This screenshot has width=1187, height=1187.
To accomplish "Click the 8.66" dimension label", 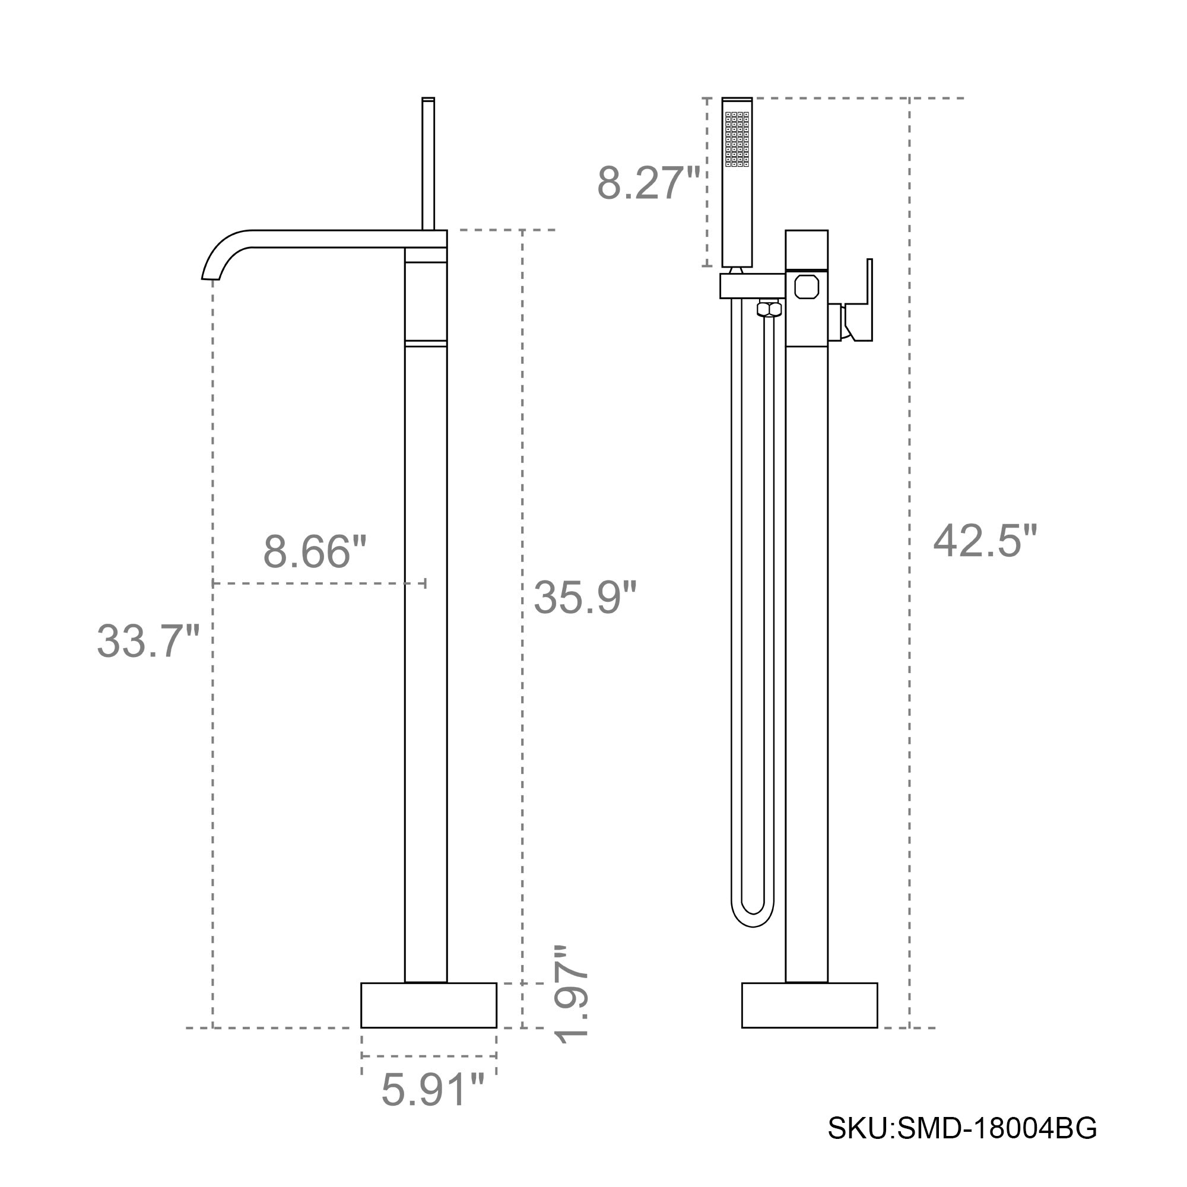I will click(315, 551).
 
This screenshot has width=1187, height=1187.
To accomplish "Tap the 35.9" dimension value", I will click(584, 596).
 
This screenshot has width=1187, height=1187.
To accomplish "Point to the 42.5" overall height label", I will click(984, 541).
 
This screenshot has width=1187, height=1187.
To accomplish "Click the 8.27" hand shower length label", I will click(648, 183).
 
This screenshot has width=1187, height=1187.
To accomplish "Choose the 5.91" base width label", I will click(433, 1090).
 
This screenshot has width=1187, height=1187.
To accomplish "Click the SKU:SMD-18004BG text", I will click(961, 1145).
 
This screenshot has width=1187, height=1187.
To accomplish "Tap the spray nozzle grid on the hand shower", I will click(737, 139).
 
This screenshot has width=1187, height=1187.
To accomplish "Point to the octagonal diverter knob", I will click(806, 287).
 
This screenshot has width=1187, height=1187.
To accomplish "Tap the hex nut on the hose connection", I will click(769, 308).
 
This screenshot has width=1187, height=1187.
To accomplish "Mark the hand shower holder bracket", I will click(752, 285).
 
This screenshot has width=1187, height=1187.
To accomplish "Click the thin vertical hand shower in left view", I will click(429, 163).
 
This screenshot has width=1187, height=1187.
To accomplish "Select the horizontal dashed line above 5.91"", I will click(429, 1055).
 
